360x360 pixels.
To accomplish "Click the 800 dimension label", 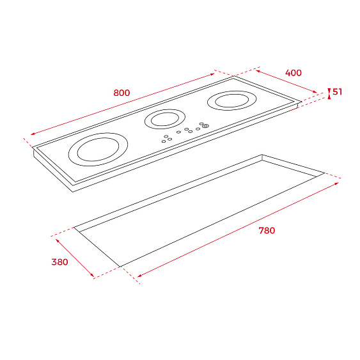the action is pos(121,93).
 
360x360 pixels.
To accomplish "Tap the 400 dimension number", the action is pos(293,73).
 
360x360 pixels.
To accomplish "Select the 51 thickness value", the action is pos(337,92).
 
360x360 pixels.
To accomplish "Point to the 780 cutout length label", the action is pos(267,230).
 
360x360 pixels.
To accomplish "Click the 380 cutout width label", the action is pos(59,262).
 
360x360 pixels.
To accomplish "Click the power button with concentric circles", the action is pos(205,125).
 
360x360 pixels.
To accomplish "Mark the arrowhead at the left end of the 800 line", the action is pos(33,134).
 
